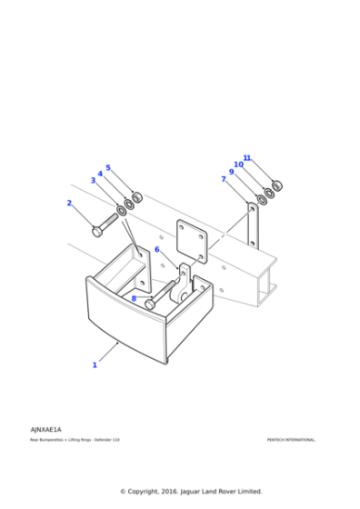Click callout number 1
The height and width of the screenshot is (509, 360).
tap(94, 364)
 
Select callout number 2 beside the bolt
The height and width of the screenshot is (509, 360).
tap(69, 204)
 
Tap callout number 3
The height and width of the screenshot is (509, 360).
tap(93, 181)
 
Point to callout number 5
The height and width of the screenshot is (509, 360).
tap(108, 168)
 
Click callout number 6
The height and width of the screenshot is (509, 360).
tap(156, 249)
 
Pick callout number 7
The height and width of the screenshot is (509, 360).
tap(224, 179)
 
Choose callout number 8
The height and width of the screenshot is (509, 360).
tap(134, 298)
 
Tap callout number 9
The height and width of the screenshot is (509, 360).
tap(231, 172)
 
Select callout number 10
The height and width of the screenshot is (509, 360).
tap(238, 165)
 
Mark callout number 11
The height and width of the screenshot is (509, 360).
tap(246, 158)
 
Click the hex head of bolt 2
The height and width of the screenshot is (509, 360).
tap(97, 231)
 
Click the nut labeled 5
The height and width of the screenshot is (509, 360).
tap(137, 197)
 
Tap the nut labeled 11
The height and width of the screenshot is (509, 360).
tap(277, 185)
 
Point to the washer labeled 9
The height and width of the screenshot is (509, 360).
tap(262, 198)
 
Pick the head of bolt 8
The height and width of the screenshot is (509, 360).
tap(151, 303)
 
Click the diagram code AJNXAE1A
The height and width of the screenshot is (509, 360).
tap(45, 429)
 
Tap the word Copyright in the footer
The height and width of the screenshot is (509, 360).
tap(151, 492)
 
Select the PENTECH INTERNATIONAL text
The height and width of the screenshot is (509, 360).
tap(291, 440)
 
